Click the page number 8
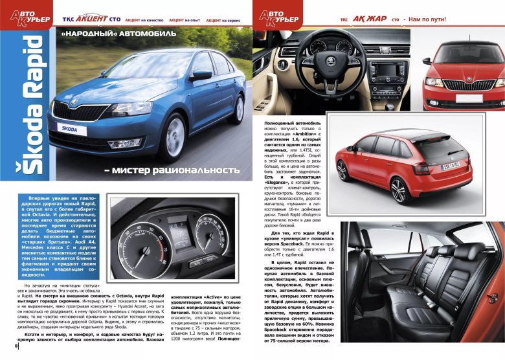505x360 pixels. click(x=8, y=353)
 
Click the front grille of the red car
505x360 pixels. click(x=466, y=84)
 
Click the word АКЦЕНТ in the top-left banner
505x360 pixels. click(x=96, y=20)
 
